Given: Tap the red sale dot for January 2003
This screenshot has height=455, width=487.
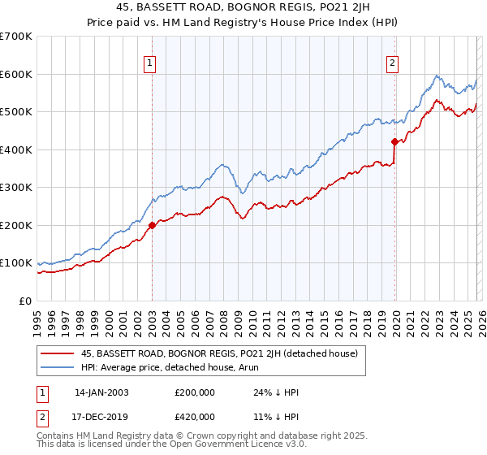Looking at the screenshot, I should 153,226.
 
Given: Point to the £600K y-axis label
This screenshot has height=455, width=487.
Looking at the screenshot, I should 16,74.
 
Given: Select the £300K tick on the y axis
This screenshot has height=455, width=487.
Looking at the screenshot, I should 16,188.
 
